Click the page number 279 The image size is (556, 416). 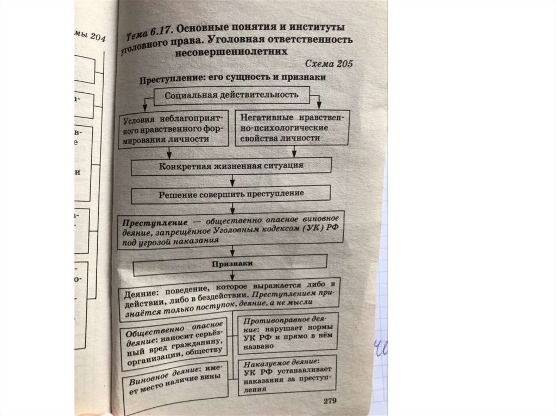[x=330, y=401]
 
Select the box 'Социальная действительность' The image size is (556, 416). [x=232, y=96]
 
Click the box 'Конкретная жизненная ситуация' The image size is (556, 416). [x=231, y=166]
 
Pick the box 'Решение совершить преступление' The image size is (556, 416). [x=231, y=194]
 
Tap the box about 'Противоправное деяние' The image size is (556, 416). [x=288, y=332]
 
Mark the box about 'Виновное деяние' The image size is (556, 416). [x=174, y=385]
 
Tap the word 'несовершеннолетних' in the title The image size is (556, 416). [x=231, y=53]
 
